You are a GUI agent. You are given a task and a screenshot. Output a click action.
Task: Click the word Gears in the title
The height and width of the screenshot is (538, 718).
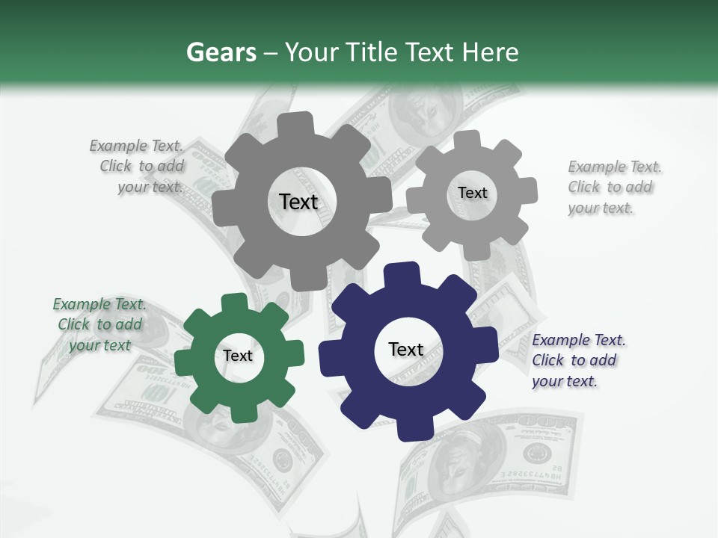click(x=220, y=52)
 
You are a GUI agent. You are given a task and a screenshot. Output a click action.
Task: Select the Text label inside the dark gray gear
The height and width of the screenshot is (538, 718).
click(x=299, y=202)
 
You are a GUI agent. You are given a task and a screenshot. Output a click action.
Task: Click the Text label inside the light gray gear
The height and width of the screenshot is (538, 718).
click(x=473, y=193)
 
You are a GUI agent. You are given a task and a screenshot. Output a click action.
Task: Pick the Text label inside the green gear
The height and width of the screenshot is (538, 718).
click(x=238, y=356)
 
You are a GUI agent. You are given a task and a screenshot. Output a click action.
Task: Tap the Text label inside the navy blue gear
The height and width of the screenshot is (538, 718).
click(x=406, y=350)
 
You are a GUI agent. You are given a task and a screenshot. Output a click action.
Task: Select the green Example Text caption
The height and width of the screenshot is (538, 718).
click(x=99, y=324)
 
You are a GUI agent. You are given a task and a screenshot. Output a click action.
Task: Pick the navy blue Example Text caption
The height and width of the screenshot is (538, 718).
click(x=577, y=360)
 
